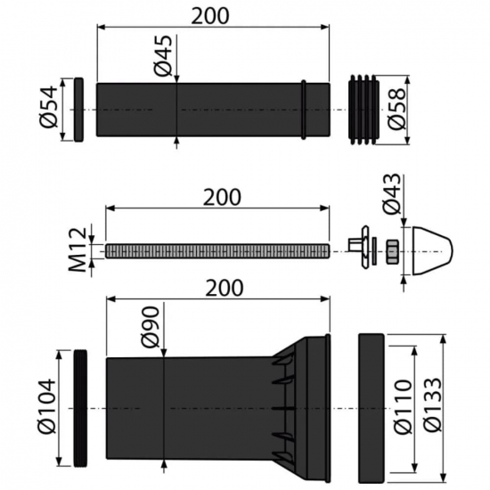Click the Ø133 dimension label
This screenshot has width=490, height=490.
point(432,404)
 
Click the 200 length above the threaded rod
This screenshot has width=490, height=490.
point(219,197)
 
